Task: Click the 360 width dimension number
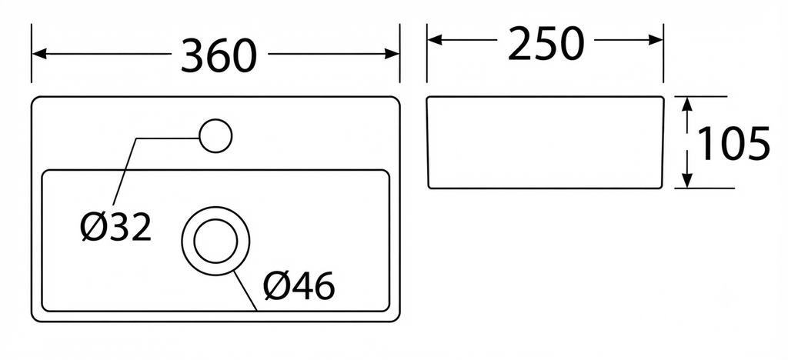(x=219, y=55)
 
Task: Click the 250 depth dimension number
(x=546, y=43)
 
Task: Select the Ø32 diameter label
(x=115, y=226)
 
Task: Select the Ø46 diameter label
(x=299, y=285)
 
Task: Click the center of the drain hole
(x=215, y=241)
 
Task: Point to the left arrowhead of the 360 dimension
(x=38, y=54)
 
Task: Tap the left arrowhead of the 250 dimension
(x=435, y=40)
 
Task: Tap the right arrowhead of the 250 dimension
(x=656, y=40)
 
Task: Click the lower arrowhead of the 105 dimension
(x=687, y=181)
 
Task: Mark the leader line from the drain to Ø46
(x=245, y=291)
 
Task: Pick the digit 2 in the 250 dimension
(x=520, y=43)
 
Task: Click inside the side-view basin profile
(x=546, y=142)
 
